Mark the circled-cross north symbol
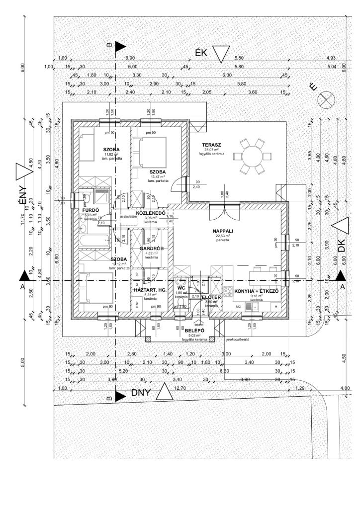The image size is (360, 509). tap(326, 99)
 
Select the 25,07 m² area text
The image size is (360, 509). tap(212, 150)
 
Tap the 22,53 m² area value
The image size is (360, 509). tap(222, 236)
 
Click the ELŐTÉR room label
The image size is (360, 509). tap(211, 296)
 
